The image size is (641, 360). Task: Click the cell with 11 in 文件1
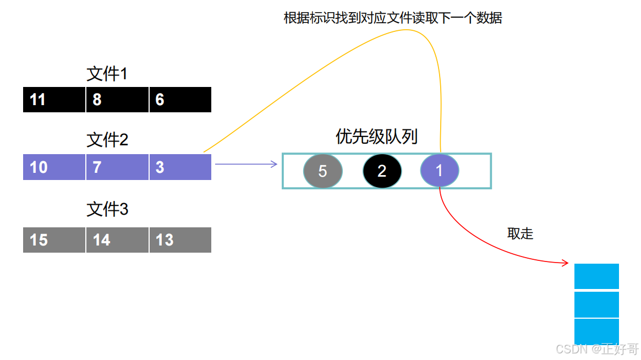(x=54, y=100)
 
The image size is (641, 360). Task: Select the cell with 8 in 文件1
(x=117, y=100)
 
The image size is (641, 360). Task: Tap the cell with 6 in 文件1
(x=180, y=100)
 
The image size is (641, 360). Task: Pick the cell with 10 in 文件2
(x=54, y=167)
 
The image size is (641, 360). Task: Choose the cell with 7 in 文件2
(x=117, y=167)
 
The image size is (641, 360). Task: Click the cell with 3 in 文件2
(x=180, y=167)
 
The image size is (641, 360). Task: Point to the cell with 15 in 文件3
(x=54, y=240)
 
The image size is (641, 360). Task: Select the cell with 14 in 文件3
(x=117, y=240)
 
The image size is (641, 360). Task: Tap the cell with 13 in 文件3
(x=180, y=240)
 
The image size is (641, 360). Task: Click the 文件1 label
(x=107, y=74)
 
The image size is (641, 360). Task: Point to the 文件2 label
(x=107, y=140)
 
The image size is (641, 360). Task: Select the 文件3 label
(x=107, y=210)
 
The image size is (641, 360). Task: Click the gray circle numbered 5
(x=323, y=171)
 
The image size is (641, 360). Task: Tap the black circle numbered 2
(x=382, y=171)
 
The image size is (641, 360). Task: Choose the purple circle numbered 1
(x=440, y=171)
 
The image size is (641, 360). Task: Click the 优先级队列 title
(x=377, y=137)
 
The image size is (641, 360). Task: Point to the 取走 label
(x=520, y=233)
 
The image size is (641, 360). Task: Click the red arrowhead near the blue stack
(x=565, y=264)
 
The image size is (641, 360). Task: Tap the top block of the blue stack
(x=596, y=276)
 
